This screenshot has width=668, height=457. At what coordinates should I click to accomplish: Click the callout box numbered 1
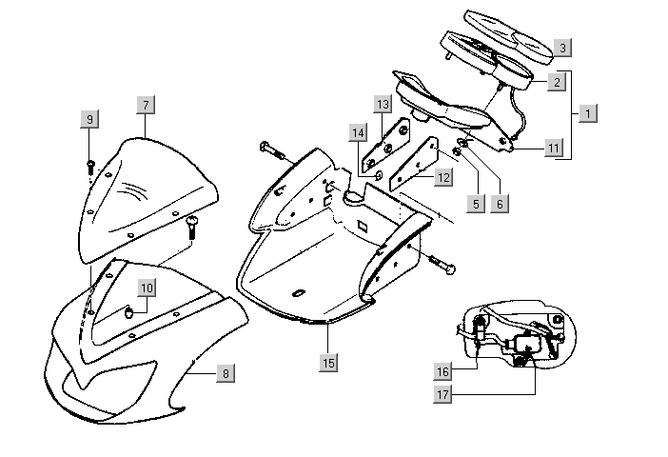[588, 113]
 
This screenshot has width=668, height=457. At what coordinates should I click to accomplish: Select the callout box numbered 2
[555, 82]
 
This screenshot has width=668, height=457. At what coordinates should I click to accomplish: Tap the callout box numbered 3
[563, 47]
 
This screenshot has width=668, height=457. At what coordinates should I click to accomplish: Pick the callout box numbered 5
[472, 203]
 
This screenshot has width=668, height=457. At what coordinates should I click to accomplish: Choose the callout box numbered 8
[225, 373]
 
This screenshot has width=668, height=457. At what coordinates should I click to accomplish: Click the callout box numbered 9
[89, 119]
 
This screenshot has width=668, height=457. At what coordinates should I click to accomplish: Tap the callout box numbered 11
[554, 148]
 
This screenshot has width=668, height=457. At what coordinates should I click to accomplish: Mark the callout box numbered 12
[443, 177]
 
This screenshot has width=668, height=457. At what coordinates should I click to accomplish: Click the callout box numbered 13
[383, 103]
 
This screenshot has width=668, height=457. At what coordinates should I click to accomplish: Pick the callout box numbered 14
[357, 131]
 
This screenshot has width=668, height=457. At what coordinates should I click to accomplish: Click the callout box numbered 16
[443, 371]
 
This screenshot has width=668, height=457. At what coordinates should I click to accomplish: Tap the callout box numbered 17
[443, 391]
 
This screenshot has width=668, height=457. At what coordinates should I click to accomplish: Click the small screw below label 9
[90, 165]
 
